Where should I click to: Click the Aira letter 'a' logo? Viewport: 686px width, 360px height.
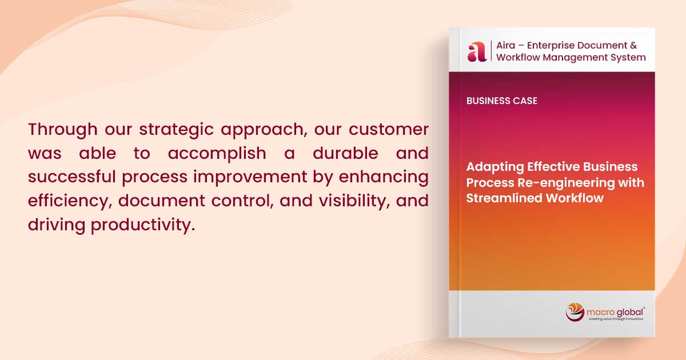tap(477, 51)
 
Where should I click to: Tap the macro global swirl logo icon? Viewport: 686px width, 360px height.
tap(575, 312)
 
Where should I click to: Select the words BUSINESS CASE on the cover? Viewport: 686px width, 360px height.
tap(502, 101)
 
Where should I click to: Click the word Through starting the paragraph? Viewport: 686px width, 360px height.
tap(63, 130)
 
